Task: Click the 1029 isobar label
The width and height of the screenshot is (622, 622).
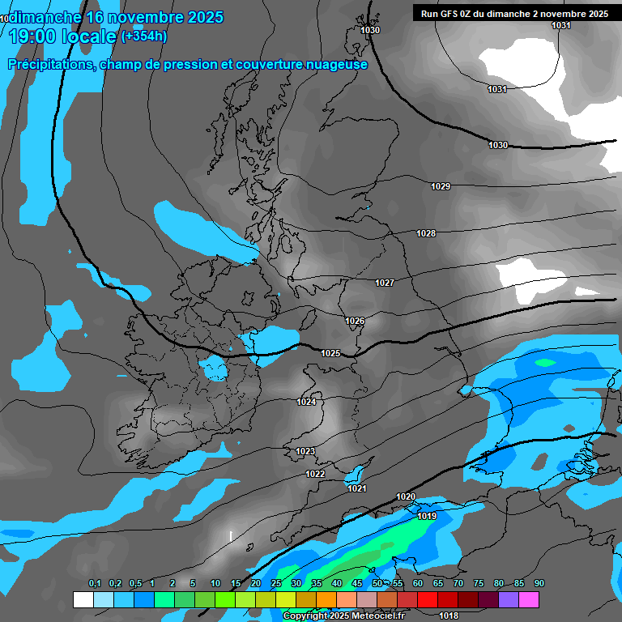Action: tap(441, 186)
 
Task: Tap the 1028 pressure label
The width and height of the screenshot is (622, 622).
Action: tap(426, 233)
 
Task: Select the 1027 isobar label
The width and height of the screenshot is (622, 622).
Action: tap(385, 283)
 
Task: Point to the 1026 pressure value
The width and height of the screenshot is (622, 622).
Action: tap(355, 321)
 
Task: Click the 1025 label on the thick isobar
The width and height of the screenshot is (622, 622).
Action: tap(330, 353)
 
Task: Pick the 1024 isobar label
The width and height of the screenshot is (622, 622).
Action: tap(306, 402)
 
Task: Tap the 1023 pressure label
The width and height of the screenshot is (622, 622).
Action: tap(305, 451)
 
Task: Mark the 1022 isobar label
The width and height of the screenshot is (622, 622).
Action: tap(315, 474)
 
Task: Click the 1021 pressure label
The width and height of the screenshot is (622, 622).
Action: tap(357, 488)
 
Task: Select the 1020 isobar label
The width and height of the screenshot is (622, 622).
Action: tap(406, 496)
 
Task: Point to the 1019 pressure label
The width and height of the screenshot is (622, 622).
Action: tap(428, 516)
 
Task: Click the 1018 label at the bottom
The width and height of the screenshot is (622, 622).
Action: tap(448, 616)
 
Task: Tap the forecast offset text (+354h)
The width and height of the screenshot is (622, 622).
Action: tap(143, 36)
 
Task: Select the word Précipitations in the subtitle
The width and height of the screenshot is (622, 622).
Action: tap(50, 64)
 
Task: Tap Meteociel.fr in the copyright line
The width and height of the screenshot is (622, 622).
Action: tap(376, 616)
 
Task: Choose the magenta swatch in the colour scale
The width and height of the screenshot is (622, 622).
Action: tap(529, 599)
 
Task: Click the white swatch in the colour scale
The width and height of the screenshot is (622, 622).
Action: tap(83, 599)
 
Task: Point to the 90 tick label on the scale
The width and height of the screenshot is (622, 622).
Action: tap(539, 584)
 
